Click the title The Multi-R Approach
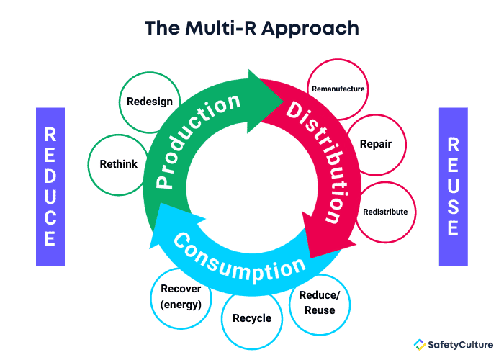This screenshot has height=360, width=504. (251, 28)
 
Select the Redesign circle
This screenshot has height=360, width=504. (149, 102)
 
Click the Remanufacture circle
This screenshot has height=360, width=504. (338, 89)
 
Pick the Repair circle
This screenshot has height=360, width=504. (375, 144)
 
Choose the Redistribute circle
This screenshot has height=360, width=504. (385, 212)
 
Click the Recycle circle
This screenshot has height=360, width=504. (252, 318)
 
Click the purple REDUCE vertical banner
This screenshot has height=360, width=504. (50, 186)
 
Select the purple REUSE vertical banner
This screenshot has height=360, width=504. (453, 186)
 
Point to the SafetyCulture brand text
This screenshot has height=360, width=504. (459, 344)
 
